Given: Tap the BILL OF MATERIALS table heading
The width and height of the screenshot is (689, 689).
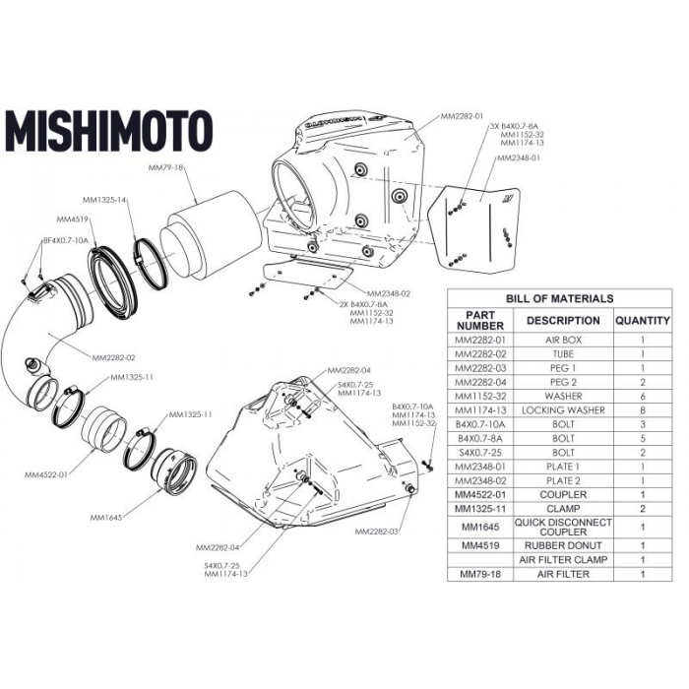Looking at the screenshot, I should coord(559,298).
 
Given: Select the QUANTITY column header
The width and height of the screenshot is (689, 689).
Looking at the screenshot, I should coord(642,320).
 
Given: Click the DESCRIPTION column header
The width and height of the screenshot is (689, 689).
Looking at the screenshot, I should coord(563,320).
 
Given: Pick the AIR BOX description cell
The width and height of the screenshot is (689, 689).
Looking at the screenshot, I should coord(563,340).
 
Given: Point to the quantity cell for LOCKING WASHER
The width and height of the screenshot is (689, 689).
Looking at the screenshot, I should coord(642,409).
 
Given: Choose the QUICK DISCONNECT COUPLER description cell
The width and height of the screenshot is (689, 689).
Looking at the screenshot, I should coord(563,527).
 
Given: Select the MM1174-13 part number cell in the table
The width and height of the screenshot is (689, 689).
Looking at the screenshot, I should coord(480,409).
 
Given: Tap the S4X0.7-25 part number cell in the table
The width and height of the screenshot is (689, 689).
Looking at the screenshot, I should coord(480,452).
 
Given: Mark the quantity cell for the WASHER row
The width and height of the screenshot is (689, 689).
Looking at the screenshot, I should coord(642,396).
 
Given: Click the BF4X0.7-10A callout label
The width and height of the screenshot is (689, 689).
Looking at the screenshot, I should coord(65,240).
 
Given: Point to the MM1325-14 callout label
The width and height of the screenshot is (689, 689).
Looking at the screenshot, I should coord(108,200).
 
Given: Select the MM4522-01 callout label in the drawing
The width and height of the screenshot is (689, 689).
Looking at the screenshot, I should coord(47,473).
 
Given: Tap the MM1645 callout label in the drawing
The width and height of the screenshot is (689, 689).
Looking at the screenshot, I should coord(105,517).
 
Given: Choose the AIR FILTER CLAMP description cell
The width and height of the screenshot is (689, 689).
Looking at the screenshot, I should coord(563,559).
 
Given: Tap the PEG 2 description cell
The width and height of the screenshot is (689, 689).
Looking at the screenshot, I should coord(563,382).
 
